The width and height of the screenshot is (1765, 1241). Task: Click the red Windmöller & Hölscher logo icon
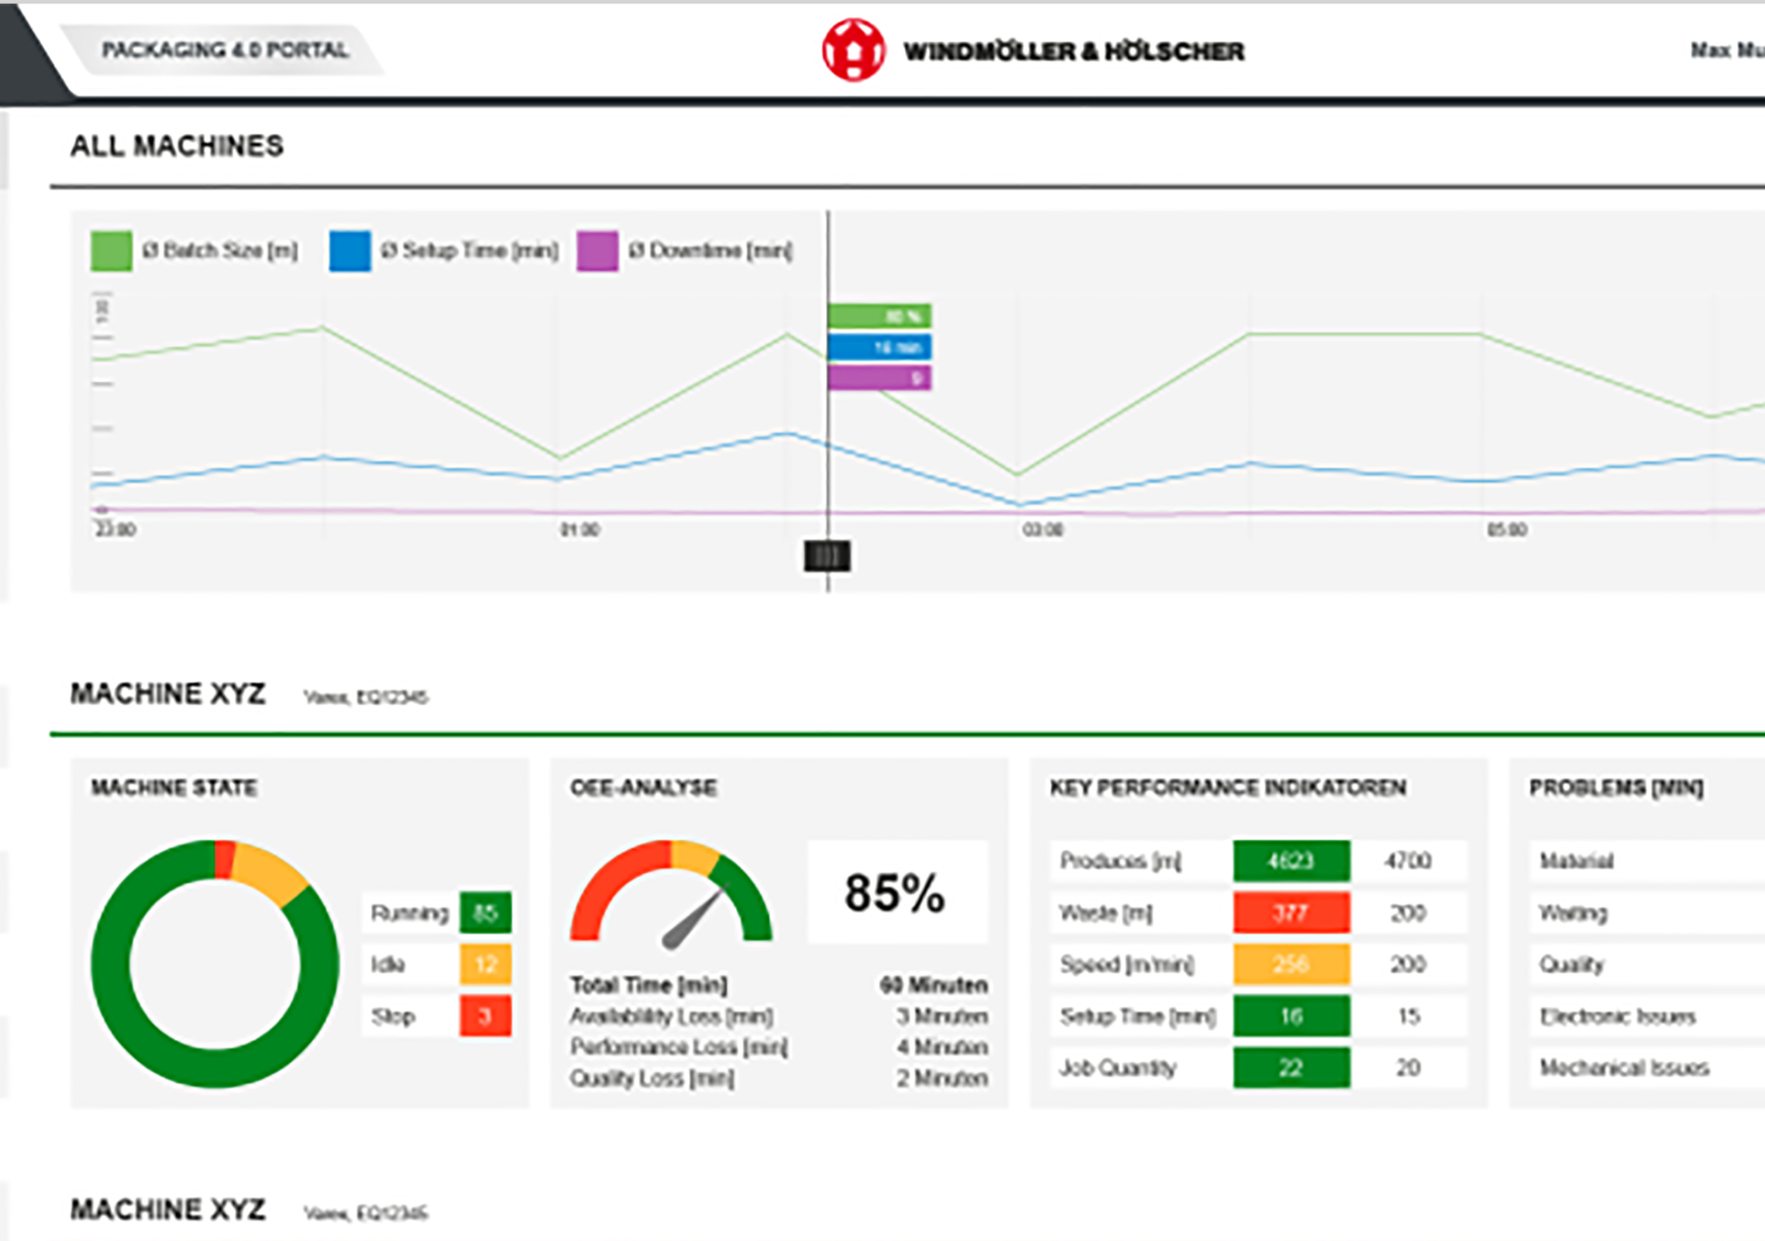pyautogui.click(x=853, y=50)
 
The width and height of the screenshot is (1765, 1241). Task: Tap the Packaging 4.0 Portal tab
pyautogui.click(x=225, y=50)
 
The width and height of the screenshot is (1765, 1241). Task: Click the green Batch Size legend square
pyautogui.click(x=112, y=250)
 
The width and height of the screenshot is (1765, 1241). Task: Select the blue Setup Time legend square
pyautogui.click(x=349, y=250)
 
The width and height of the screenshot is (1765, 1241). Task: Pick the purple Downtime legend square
pyautogui.click(x=597, y=250)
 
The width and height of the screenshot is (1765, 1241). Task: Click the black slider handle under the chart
pyautogui.click(x=827, y=556)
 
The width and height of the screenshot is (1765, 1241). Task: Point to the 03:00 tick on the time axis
pyautogui.click(x=1042, y=530)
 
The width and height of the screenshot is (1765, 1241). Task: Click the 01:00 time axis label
pyautogui.click(x=580, y=530)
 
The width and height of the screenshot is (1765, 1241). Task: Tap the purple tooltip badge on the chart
pyautogui.click(x=879, y=378)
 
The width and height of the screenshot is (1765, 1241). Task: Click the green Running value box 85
pyautogui.click(x=485, y=913)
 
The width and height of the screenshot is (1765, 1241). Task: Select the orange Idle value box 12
pyautogui.click(x=485, y=964)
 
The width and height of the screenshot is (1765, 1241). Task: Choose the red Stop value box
pyautogui.click(x=485, y=1016)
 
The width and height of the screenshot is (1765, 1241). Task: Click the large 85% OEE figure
pyautogui.click(x=895, y=892)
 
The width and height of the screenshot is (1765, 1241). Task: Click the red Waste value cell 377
pyautogui.click(x=1291, y=913)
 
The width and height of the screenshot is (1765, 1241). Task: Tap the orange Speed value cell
pyautogui.click(x=1291, y=964)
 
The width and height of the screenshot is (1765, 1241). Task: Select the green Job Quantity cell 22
pyautogui.click(x=1291, y=1067)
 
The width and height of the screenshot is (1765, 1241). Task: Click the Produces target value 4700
pyautogui.click(x=1408, y=861)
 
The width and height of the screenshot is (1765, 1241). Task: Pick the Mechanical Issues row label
pyautogui.click(x=1624, y=1067)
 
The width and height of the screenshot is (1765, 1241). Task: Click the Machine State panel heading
pyautogui.click(x=174, y=788)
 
